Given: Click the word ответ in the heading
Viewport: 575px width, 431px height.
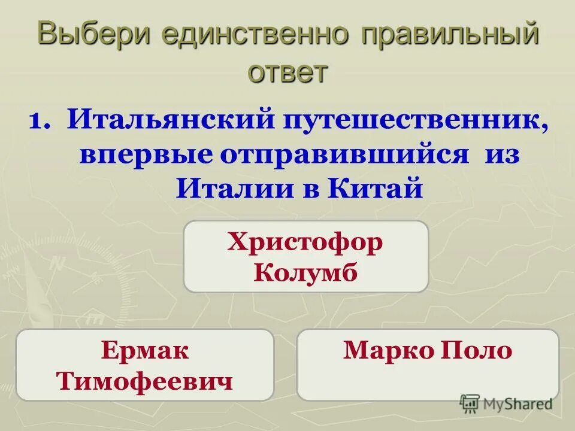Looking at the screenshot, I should click(x=288, y=73).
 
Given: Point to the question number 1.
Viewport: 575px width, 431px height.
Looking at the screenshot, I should click(x=40, y=120).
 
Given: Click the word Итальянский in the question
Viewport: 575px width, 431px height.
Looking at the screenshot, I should click(x=171, y=120).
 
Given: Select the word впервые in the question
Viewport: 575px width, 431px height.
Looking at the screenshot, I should click(x=146, y=154).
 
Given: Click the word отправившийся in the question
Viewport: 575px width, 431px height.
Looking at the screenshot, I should click(x=344, y=154).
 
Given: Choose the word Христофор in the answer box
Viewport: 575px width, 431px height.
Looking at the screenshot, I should click(x=305, y=244).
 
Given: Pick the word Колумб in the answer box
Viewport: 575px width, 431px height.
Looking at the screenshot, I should click(x=305, y=272).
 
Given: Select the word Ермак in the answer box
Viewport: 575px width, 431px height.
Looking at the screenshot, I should click(x=145, y=351).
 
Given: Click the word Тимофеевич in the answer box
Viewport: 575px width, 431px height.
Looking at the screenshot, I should click(x=145, y=381).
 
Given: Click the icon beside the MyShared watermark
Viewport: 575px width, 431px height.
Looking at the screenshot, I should click(x=470, y=404).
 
